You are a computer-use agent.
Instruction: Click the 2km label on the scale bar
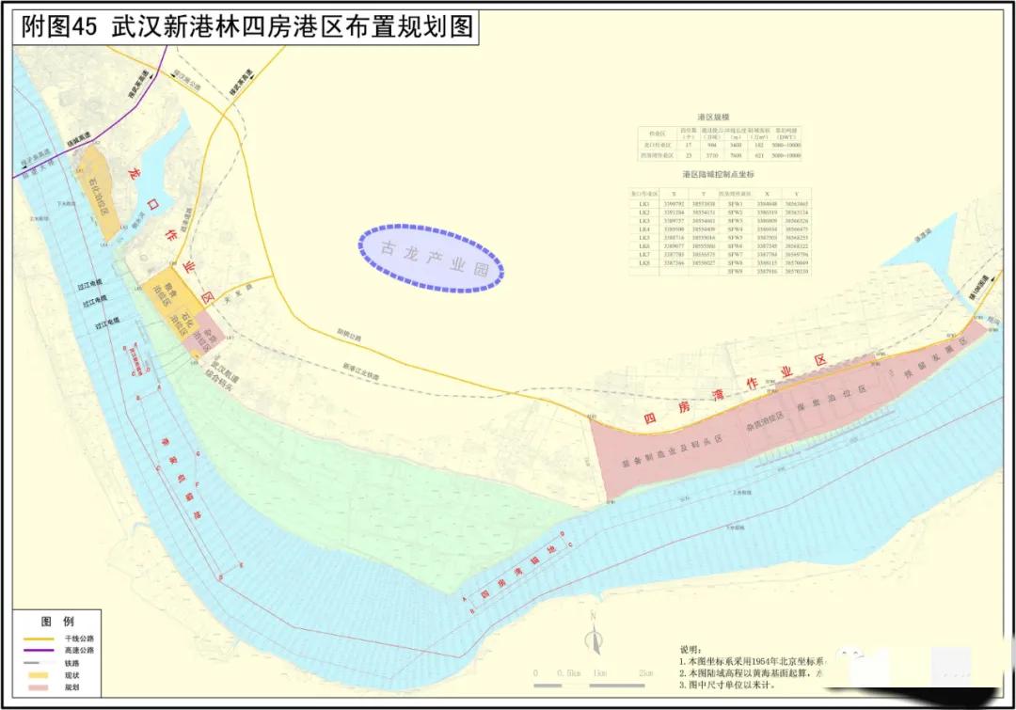(x=645, y=673)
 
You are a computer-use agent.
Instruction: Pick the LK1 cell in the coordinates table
(x=644, y=203)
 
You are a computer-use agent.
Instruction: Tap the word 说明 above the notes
(x=690, y=649)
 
